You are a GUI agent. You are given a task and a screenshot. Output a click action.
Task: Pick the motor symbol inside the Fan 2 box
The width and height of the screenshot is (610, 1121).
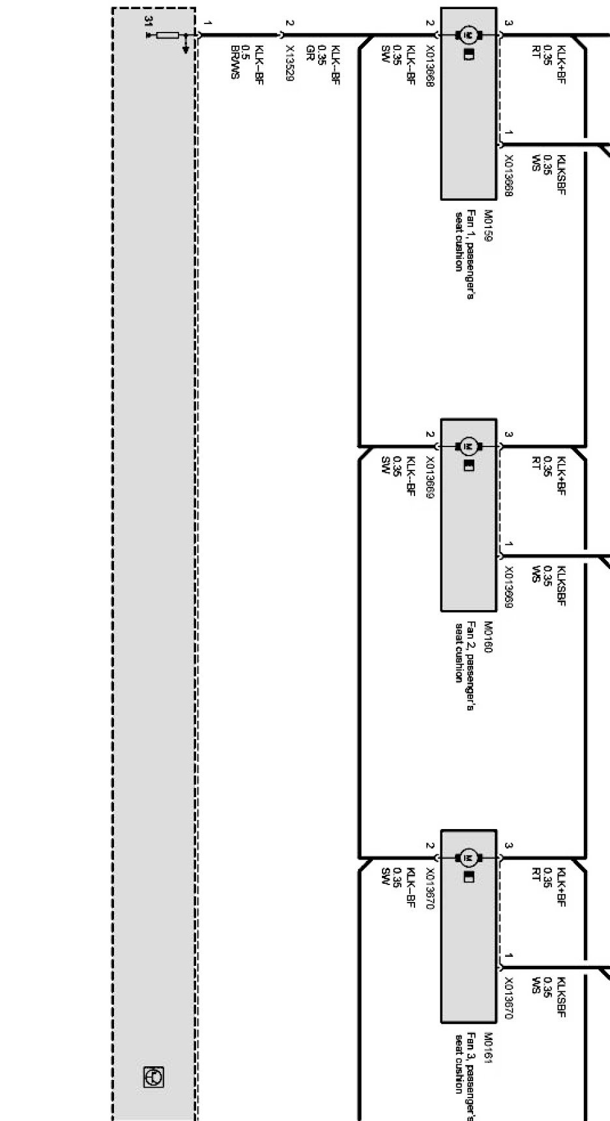(x=469, y=446)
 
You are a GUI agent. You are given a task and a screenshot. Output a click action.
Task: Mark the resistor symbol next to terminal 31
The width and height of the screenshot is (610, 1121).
(x=167, y=35)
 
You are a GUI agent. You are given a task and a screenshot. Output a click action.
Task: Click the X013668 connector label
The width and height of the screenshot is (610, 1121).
(x=430, y=67)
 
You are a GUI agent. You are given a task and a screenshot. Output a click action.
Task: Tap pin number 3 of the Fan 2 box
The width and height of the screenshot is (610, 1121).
(x=509, y=434)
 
